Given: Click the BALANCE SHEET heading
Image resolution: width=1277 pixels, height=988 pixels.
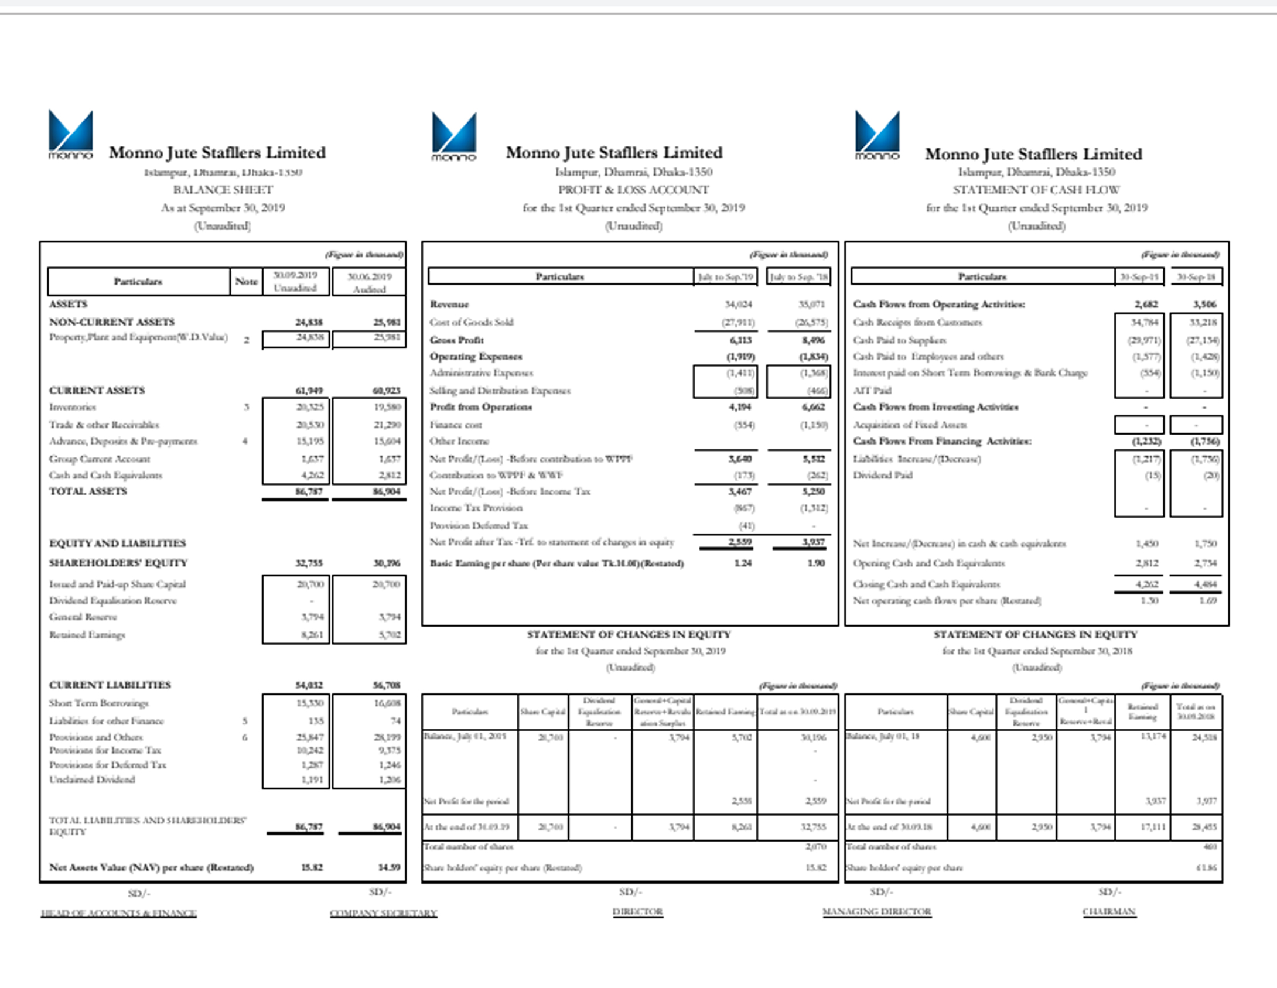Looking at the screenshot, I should pyautogui.click(x=223, y=190).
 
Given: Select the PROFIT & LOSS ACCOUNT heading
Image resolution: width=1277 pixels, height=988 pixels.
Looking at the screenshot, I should pyautogui.click(x=633, y=190).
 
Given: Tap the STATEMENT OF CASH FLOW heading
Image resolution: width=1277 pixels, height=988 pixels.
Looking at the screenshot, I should pyautogui.click(x=1036, y=190).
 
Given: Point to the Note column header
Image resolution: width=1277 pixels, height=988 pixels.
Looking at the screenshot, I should pyautogui.click(x=246, y=282).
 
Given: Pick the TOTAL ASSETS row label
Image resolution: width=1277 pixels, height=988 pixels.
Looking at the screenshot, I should pyautogui.click(x=88, y=491).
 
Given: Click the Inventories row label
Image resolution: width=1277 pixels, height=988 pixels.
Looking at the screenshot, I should pyautogui.click(x=73, y=407).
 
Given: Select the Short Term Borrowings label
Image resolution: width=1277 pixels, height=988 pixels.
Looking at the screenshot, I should pyautogui.click(x=98, y=703).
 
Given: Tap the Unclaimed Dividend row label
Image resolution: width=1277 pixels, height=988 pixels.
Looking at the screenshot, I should pyautogui.click(x=92, y=780).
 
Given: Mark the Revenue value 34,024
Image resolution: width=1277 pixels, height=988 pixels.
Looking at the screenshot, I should pyautogui.click(x=738, y=305).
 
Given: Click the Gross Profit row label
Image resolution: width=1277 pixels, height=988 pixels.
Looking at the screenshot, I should pyautogui.click(x=457, y=340).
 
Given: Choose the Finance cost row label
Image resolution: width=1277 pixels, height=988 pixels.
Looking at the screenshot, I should pyautogui.click(x=456, y=425).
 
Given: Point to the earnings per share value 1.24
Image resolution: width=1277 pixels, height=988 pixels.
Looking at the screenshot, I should pyautogui.click(x=743, y=563).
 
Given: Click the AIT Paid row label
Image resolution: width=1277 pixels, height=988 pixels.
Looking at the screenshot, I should pyautogui.click(x=872, y=391).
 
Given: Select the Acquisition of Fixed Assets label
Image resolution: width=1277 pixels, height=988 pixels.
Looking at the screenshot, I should pyautogui.click(x=910, y=425).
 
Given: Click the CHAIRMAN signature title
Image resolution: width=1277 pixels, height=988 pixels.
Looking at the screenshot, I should pyautogui.click(x=1109, y=912).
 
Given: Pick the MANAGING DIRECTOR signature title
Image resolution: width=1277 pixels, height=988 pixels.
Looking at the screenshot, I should pyautogui.click(x=876, y=912).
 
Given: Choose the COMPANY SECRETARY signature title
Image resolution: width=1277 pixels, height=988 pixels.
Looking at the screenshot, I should pyautogui.click(x=383, y=913).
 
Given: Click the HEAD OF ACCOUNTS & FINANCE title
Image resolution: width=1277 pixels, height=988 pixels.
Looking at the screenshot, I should pyautogui.click(x=118, y=913).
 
